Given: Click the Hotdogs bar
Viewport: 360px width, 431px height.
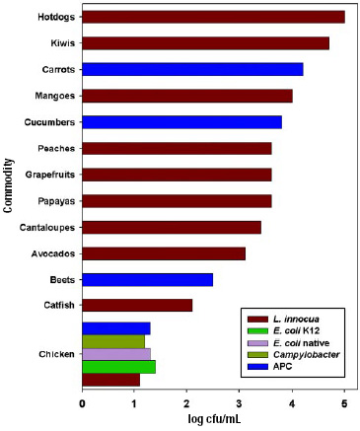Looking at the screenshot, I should point(213,17).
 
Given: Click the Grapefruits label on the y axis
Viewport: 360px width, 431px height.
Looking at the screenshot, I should point(45,175).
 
